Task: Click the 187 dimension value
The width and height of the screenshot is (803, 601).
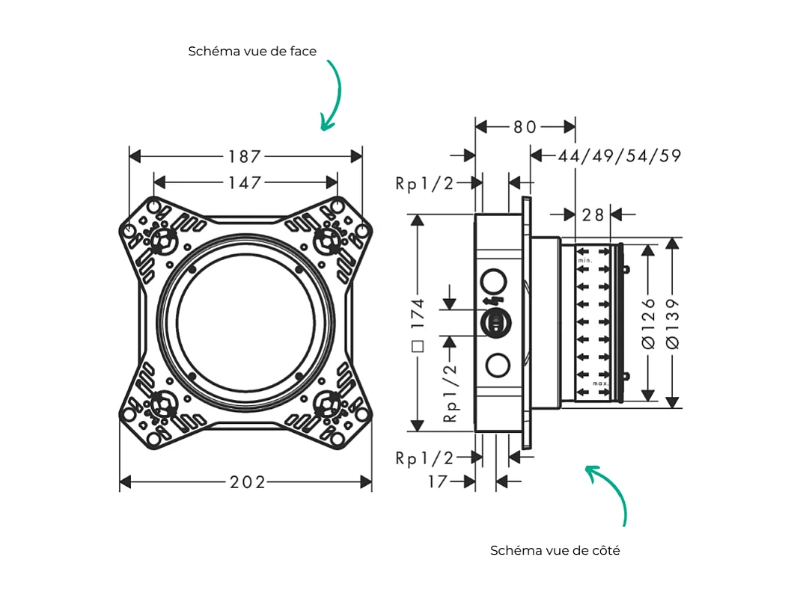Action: pos(245,156)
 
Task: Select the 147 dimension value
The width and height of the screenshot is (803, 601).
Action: pos(245,182)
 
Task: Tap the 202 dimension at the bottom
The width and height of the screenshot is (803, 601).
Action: pos(247,482)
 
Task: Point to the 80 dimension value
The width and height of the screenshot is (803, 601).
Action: pos(525,127)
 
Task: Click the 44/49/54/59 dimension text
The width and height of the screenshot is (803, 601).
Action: pos(619,155)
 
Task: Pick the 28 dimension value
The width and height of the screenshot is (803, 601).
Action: pos(593,215)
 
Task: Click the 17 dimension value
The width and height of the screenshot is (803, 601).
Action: pos(438,482)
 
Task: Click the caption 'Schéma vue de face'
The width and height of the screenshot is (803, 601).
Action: pos(252,52)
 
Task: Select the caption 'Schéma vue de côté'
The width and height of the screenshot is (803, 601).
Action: pos(555,550)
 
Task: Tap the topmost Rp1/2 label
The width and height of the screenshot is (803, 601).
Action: pos(424,183)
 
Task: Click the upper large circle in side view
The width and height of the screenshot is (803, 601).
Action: pos(495,282)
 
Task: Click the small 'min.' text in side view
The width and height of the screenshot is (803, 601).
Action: pos(586,259)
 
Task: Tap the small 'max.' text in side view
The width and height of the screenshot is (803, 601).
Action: pos(599,383)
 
